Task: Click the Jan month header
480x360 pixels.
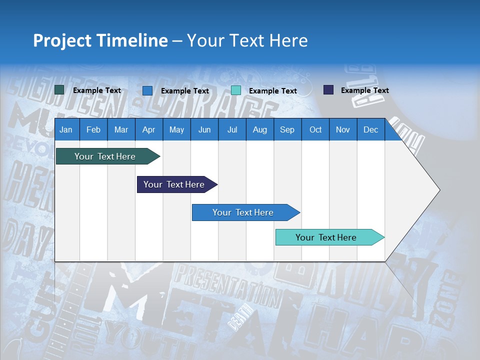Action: pyautogui.click(x=66, y=129)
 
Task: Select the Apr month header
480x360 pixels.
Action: pyautogui.click(x=148, y=129)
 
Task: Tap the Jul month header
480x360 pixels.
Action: pyautogui.click(x=232, y=129)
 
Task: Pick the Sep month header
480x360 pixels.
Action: pyautogui.click(x=287, y=129)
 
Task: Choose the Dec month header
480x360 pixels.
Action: pyautogui.click(x=370, y=129)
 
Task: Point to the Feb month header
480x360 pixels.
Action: pyautogui.click(x=93, y=129)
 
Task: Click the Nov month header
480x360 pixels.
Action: pyautogui.click(x=342, y=129)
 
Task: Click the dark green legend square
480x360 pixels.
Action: pyautogui.click(x=59, y=90)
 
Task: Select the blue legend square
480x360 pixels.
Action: pyautogui.click(x=147, y=90)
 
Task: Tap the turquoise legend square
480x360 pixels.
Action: pyautogui.click(x=236, y=90)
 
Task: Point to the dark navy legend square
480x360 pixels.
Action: pyautogui.click(x=328, y=90)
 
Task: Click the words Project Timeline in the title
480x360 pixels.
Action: pyautogui.click(x=100, y=40)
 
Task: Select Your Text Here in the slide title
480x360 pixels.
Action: pyautogui.click(x=247, y=40)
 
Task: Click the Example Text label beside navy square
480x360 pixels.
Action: pyautogui.click(x=364, y=90)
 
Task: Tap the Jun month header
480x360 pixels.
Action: pyautogui.click(x=204, y=129)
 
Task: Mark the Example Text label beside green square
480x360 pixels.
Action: pyautogui.click(x=97, y=90)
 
